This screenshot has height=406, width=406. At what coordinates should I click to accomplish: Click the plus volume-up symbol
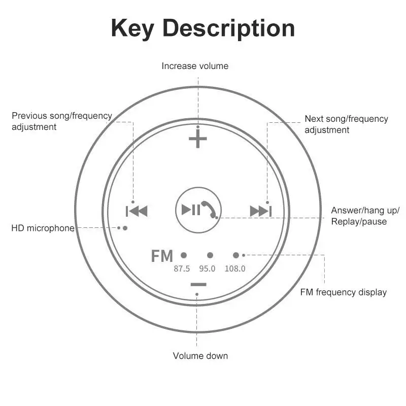pos(198,140)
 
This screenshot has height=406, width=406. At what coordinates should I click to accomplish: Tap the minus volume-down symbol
pos(198,284)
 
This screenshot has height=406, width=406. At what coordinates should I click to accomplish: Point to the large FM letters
pos(162,256)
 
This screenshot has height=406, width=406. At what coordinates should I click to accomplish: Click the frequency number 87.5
pos(182,268)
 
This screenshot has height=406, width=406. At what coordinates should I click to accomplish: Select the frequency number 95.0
pos(207,268)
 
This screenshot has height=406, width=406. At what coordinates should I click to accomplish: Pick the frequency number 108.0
pos(235,268)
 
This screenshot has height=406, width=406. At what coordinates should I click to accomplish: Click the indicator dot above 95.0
pos(210,255)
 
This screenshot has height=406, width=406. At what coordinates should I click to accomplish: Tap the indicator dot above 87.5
pos(184,255)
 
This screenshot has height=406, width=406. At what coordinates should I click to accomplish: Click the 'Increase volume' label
pos(195,66)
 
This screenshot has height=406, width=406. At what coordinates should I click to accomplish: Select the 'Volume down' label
pos(200,356)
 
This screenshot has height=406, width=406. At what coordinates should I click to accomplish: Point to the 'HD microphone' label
pos(43,228)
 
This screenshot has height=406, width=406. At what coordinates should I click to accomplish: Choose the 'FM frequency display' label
pos(343,292)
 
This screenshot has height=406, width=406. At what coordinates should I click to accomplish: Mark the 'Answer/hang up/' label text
pos(365,211)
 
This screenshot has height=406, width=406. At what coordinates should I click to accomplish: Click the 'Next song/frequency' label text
pos(346,119)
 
